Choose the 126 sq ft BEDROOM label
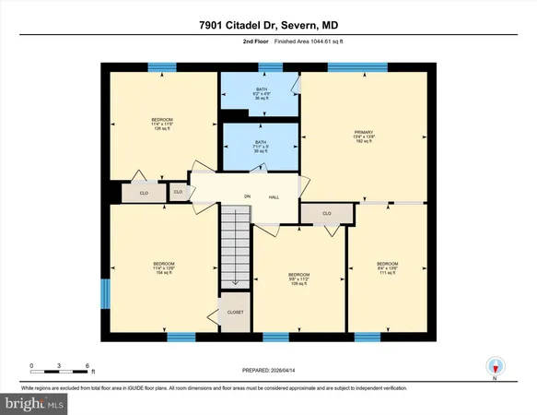[x=161, y=125]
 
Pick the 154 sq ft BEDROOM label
[x=163, y=269]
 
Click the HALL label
[x=274, y=197]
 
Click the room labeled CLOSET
[x=236, y=313]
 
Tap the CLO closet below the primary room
[x=326, y=214]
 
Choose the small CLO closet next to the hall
[x=178, y=193]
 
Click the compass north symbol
[x=495, y=365]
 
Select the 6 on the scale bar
[x=87, y=365]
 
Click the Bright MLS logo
[x=34, y=403]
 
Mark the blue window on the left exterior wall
[x=104, y=296]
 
